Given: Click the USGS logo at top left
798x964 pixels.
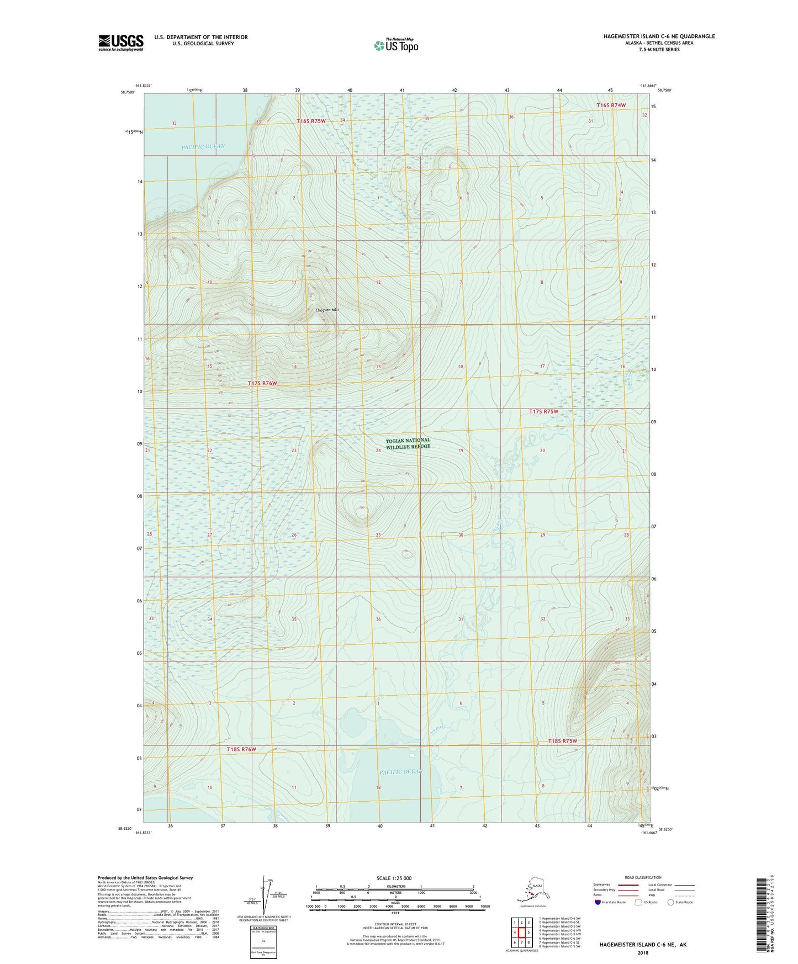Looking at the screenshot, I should point(120,43).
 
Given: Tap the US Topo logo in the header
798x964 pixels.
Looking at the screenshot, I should point(396,45).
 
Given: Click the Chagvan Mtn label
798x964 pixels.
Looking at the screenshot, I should point(326,310).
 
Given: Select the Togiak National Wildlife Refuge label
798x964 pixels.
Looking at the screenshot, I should point(408,443).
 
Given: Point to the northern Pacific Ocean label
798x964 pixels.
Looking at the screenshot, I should point(203,146).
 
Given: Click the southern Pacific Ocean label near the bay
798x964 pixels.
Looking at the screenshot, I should point(401,771).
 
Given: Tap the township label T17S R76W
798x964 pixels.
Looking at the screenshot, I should point(262,383).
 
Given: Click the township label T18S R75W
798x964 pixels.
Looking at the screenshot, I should point(562,741).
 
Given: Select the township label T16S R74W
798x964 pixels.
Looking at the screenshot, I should point(611,105).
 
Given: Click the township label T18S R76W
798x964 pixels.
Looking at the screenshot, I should point(241,749).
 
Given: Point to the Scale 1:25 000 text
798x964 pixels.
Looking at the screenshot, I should point(394,878).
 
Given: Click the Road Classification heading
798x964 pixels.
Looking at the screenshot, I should point(643,877).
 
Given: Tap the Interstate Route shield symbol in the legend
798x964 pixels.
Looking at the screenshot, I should point(598,902).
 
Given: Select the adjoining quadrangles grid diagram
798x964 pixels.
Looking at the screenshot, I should point(521,933).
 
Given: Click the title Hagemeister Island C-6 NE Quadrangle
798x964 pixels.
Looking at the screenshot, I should point(659,36).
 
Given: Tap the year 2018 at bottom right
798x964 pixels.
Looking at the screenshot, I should point(643,952).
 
